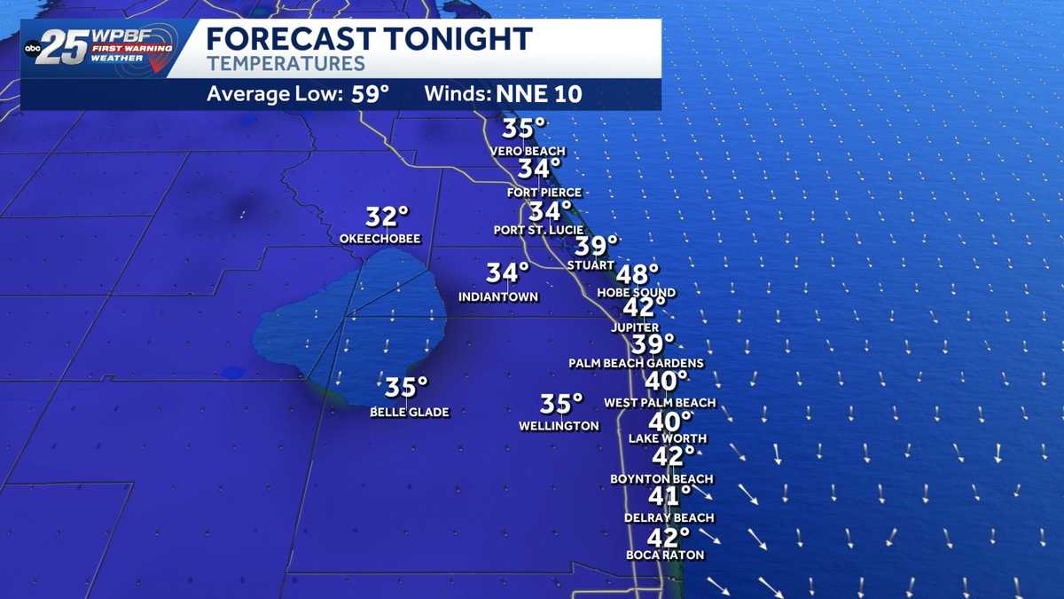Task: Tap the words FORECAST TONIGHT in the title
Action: click(x=369, y=39)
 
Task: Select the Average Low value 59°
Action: click(x=370, y=94)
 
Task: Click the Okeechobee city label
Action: click(x=379, y=239)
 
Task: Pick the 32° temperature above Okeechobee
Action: click(x=387, y=217)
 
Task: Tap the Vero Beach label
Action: click(x=528, y=152)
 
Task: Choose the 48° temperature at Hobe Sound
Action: click(x=638, y=274)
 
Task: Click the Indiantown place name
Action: click(x=498, y=296)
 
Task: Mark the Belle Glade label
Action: click(x=410, y=412)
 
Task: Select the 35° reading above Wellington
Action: click(x=561, y=404)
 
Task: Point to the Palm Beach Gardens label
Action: click(x=637, y=363)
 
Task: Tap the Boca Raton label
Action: click(x=665, y=556)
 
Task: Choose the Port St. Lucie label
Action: click(x=537, y=230)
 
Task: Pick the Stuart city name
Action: click(x=590, y=264)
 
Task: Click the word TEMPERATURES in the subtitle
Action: click(x=286, y=64)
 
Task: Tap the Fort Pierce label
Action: click(x=544, y=192)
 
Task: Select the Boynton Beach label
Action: click(x=661, y=479)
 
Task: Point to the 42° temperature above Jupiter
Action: click(x=644, y=307)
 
